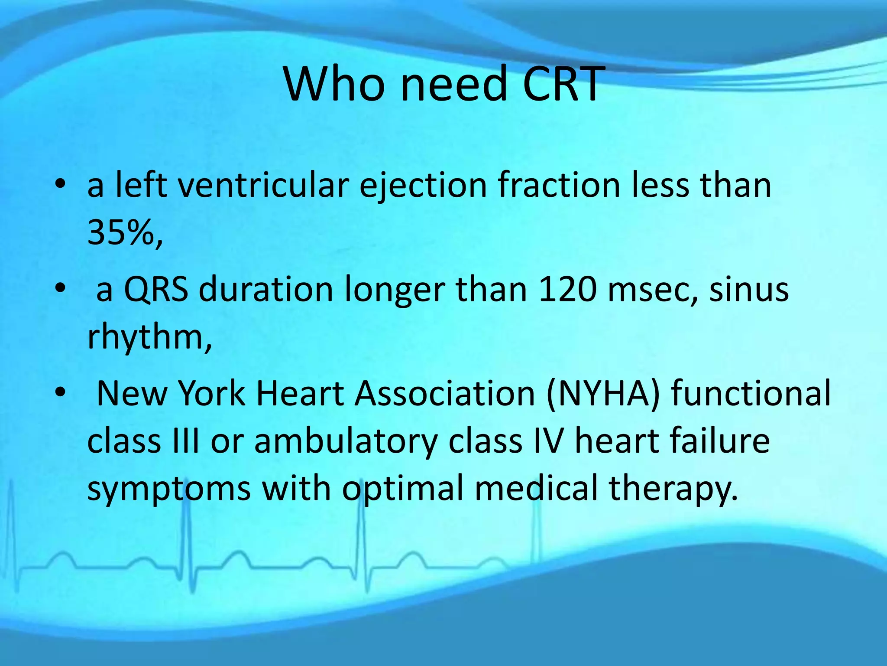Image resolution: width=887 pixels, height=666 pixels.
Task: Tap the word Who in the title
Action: (x=334, y=84)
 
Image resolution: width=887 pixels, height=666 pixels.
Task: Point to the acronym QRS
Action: (x=156, y=290)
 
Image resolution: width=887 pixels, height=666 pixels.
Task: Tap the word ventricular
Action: (x=263, y=186)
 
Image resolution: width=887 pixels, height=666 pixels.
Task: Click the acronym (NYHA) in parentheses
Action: (x=603, y=394)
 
